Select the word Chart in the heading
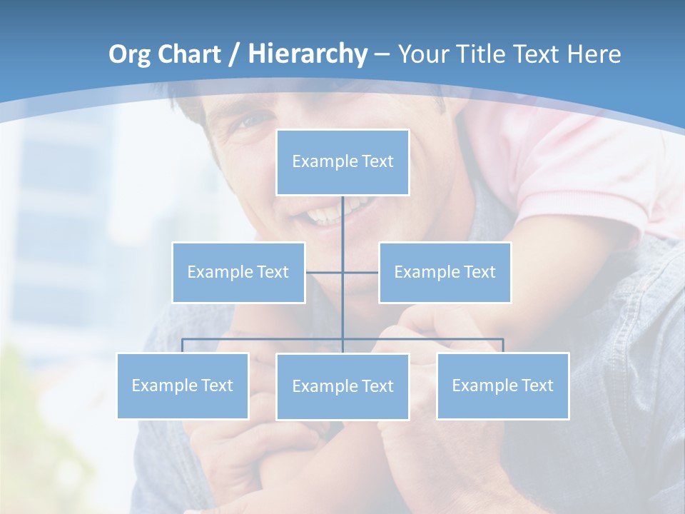[x=191, y=54]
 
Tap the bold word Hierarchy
[x=307, y=54]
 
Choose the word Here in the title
[x=594, y=54]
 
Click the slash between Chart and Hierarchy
[x=234, y=54]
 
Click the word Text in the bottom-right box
[x=537, y=385]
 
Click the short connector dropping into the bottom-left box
[x=183, y=346]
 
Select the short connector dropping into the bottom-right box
[x=503, y=346]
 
